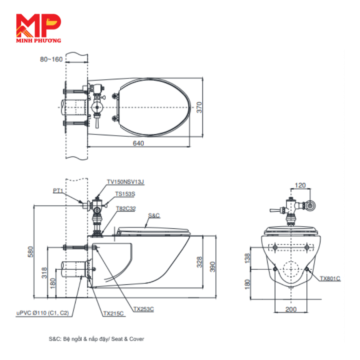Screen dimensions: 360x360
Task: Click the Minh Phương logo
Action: coord(38,28)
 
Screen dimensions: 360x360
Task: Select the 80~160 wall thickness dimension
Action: coord(51,60)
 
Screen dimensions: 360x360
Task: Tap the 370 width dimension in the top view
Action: coord(199,107)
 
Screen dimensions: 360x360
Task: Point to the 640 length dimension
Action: coord(138,143)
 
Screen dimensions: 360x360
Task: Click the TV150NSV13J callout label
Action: coord(125,182)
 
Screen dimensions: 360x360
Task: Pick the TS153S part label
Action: coord(125,194)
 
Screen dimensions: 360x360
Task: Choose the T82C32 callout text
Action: coord(126,208)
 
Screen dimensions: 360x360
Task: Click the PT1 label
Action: coord(58,190)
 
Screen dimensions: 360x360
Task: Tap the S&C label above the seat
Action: coord(154,215)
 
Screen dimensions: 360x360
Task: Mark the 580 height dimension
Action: coord(30,252)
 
